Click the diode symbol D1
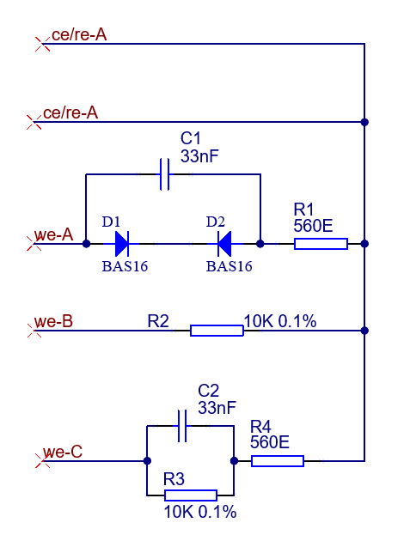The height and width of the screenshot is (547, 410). coord(122,244)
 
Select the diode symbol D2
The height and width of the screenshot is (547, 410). coord(224,244)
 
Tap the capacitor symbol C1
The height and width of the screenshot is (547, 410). coord(164,174)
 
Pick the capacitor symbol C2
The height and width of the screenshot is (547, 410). coord(182,426)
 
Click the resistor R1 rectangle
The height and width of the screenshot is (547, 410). coord(321,244)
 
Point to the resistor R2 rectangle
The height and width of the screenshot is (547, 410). coord(217,331)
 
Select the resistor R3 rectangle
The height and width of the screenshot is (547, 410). coord(191,495)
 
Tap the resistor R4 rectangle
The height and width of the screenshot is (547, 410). coord(278,461)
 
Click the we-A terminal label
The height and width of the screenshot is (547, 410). coord(53,234)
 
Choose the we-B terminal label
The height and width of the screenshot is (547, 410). coord(53,321)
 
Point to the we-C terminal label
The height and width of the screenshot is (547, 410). coord(63,452)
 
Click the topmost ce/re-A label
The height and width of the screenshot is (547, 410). coord(79,34)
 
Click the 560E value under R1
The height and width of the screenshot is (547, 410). coord(313,226)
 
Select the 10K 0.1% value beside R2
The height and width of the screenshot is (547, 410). coord(280,321)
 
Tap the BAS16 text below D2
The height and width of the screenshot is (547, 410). coord(229,266)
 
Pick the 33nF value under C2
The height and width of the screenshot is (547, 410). coord(217,407)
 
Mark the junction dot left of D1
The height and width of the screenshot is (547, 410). coord(86,244)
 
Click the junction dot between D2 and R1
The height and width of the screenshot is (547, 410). coord(260,244)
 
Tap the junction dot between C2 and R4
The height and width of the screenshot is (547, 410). coord(234,461)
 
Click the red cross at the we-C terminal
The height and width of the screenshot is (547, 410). coord(43,461)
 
